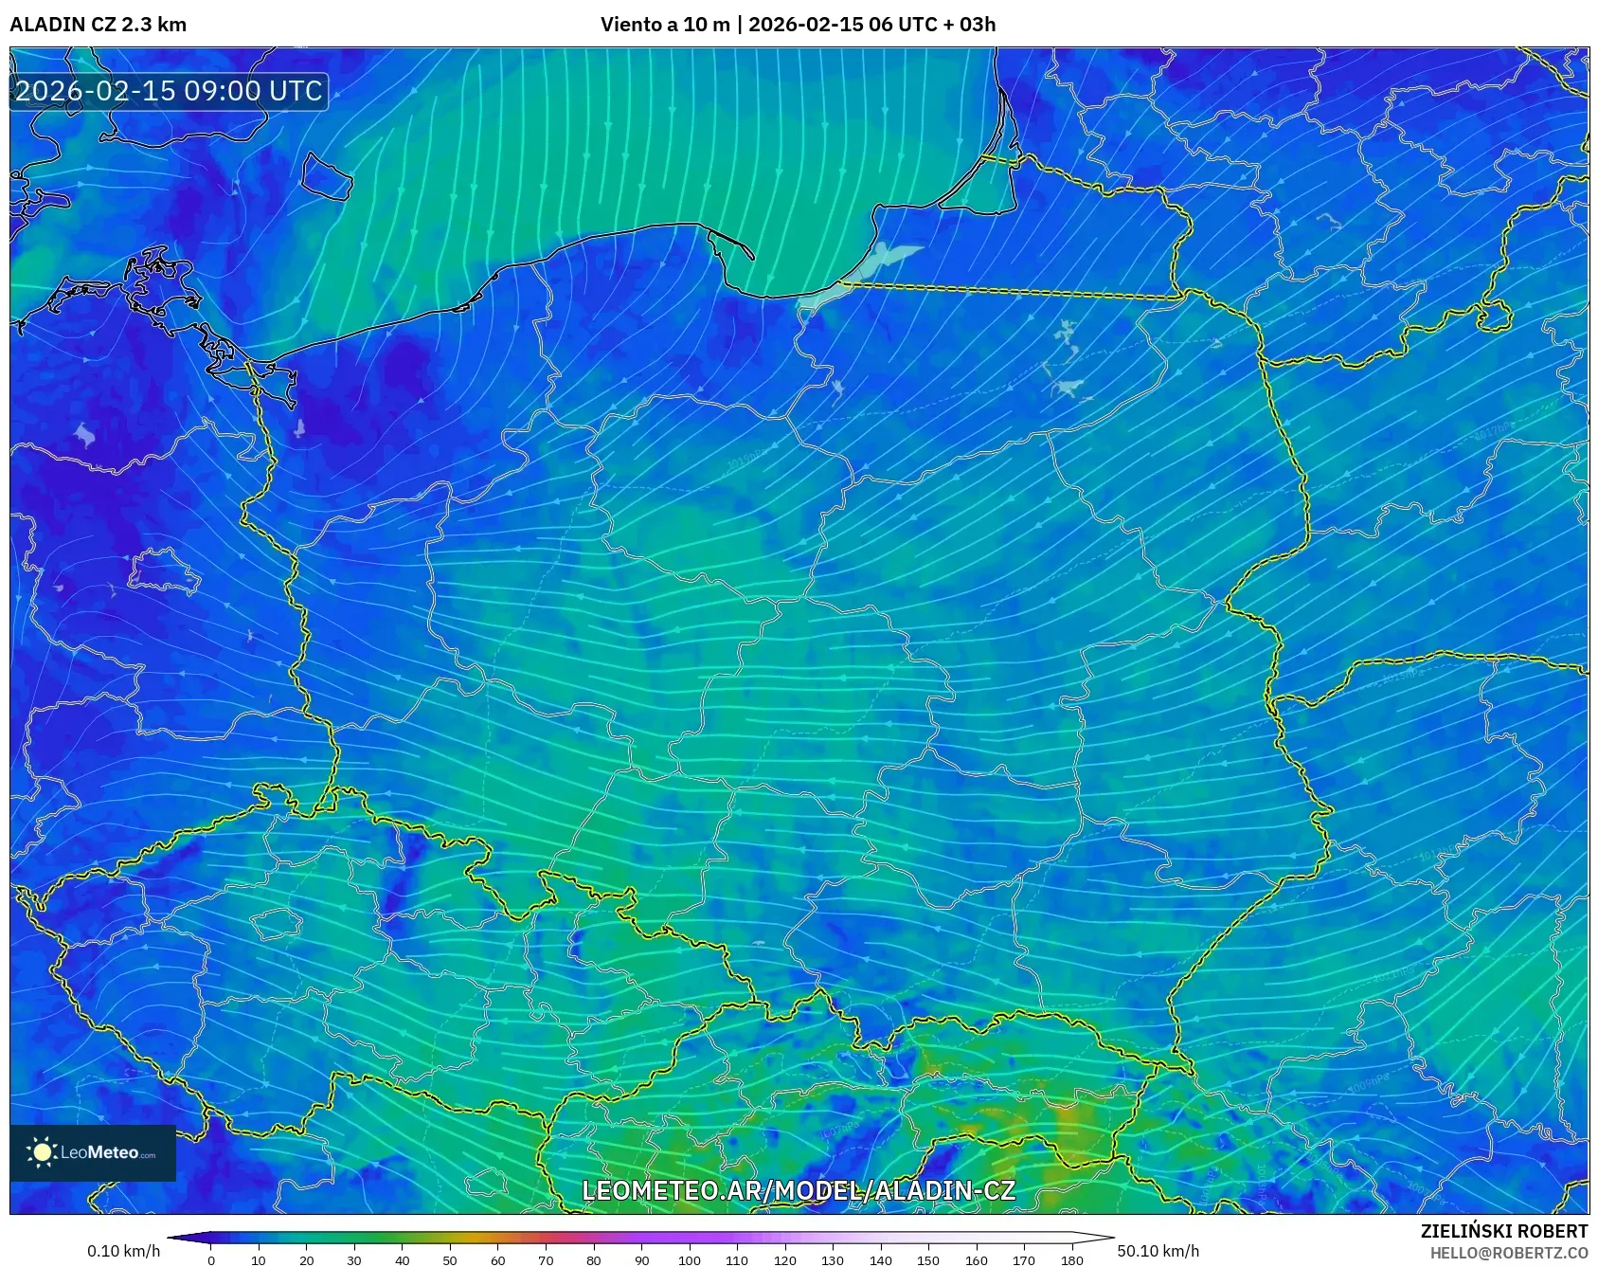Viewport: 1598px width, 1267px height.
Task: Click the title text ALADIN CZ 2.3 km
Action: (98, 25)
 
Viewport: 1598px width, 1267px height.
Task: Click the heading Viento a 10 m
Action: (665, 25)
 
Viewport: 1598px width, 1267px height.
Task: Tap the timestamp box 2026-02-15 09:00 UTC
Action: (169, 91)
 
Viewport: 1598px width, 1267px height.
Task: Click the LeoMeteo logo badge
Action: (93, 1152)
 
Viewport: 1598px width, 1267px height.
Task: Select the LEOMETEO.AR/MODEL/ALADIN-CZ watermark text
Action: (798, 1190)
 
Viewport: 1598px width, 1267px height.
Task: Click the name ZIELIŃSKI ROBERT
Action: (1503, 1231)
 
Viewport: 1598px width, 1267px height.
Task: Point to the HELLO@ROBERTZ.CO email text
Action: (1508, 1253)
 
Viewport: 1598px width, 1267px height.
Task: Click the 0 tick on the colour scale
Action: (211, 1259)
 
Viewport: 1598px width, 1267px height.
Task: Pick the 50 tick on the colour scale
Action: (450, 1259)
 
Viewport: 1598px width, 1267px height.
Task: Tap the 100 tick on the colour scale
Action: (689, 1259)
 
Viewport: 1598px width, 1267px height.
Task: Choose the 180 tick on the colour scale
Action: (1071, 1259)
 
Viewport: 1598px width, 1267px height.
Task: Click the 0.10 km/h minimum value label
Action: (123, 1251)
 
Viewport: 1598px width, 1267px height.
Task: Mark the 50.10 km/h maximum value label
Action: (1158, 1251)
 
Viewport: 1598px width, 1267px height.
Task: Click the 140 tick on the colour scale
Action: (880, 1259)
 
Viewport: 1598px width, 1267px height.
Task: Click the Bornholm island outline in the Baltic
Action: (327, 176)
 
